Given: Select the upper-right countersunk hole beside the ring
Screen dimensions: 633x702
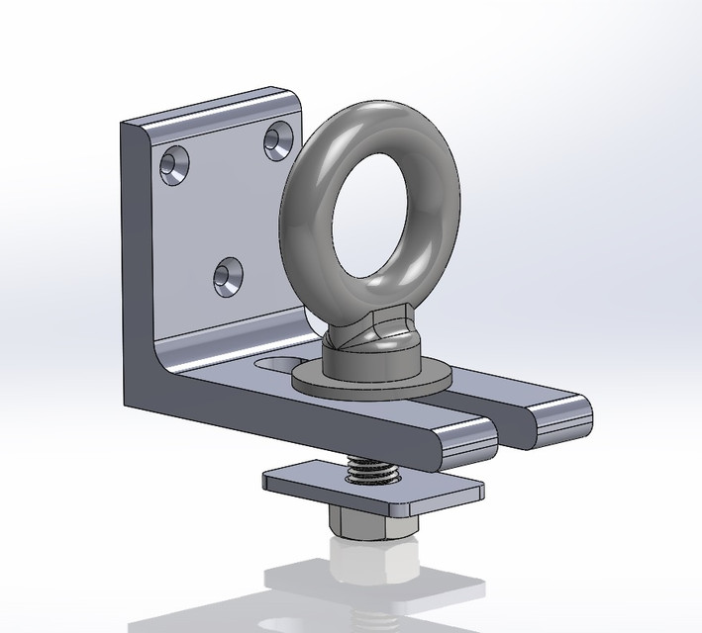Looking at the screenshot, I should pos(277,139).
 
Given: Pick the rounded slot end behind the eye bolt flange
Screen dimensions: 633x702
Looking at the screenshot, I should pos(271,365).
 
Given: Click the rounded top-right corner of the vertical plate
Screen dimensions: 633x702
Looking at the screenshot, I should pos(294,97).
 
